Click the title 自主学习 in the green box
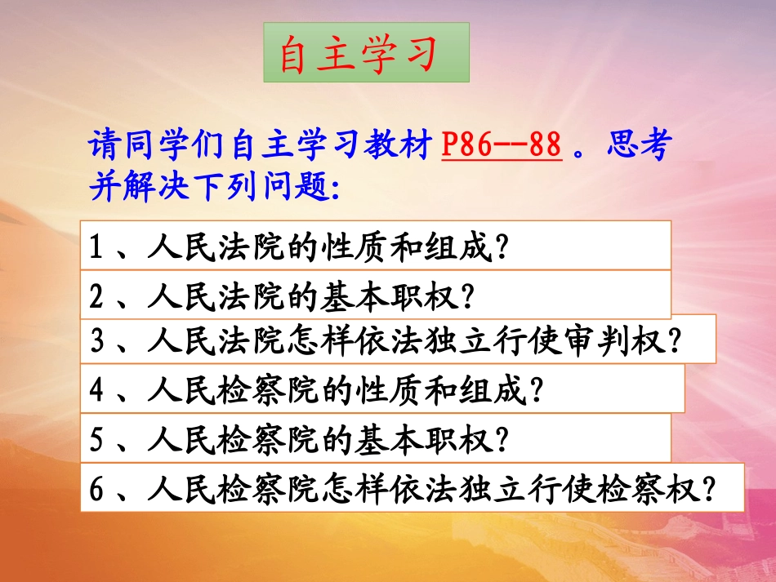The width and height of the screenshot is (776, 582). (x=365, y=53)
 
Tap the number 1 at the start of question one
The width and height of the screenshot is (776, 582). (x=96, y=246)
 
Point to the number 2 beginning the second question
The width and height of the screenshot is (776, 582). (x=96, y=295)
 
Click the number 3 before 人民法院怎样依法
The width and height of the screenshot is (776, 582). (x=96, y=340)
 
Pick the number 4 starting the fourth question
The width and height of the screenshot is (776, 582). (x=96, y=391)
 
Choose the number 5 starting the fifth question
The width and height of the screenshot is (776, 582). (x=96, y=440)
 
